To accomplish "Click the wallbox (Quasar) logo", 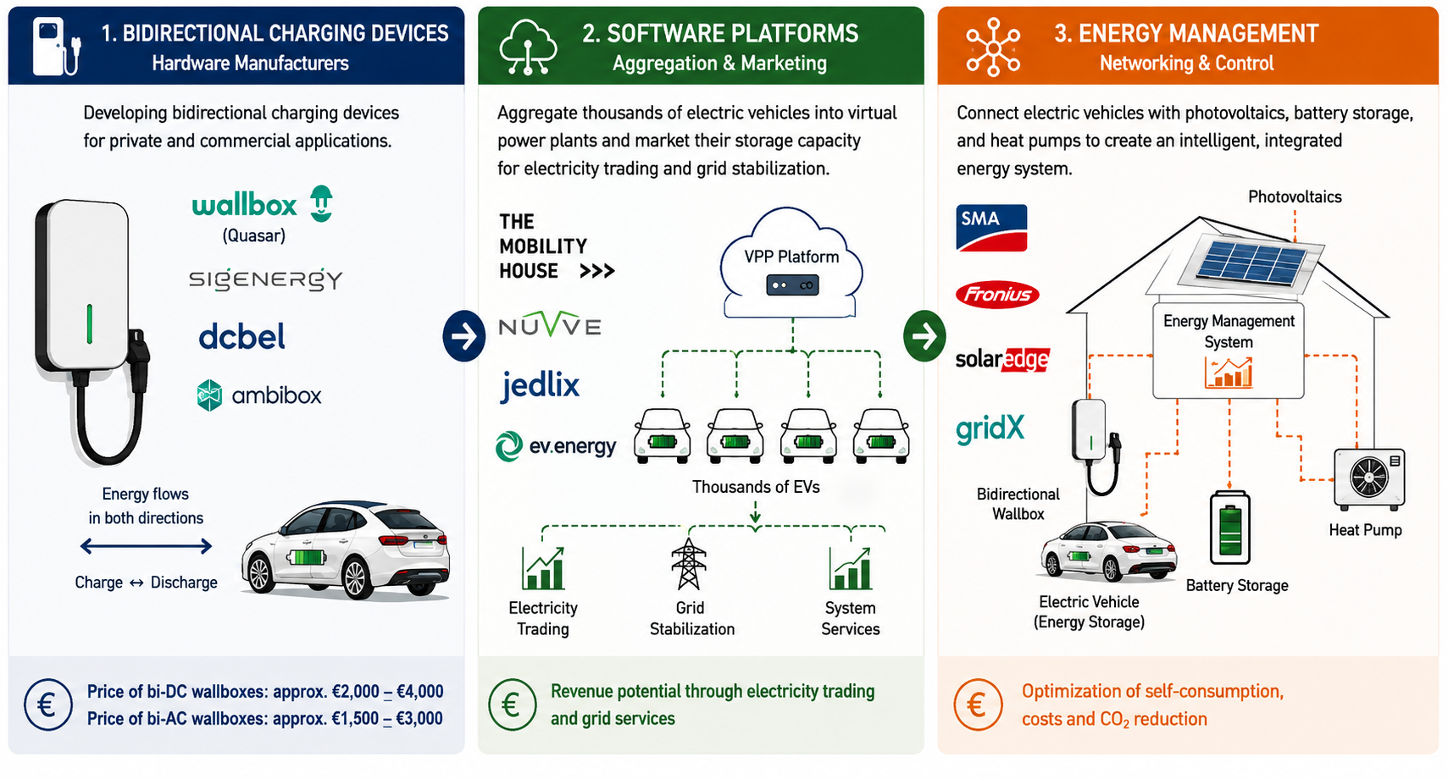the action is [263, 213].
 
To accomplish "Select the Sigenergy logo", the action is [265, 279].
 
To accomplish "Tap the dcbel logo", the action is [241, 336].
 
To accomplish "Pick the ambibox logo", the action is [258, 395].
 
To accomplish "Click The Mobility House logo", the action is [557, 246].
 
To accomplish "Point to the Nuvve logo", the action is [550, 324].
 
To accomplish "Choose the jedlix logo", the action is [540, 385].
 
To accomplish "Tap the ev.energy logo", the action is [556, 445].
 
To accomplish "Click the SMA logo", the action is [991, 228].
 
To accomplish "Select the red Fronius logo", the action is [996, 295].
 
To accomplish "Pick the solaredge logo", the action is [1002, 359].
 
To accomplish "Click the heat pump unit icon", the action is [1369, 478].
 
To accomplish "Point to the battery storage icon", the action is [1229, 528].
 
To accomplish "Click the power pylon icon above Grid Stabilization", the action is [689, 564].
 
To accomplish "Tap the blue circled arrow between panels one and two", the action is [464, 336].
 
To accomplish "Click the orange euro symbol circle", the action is [978, 704].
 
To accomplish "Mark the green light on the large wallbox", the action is [89, 323].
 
